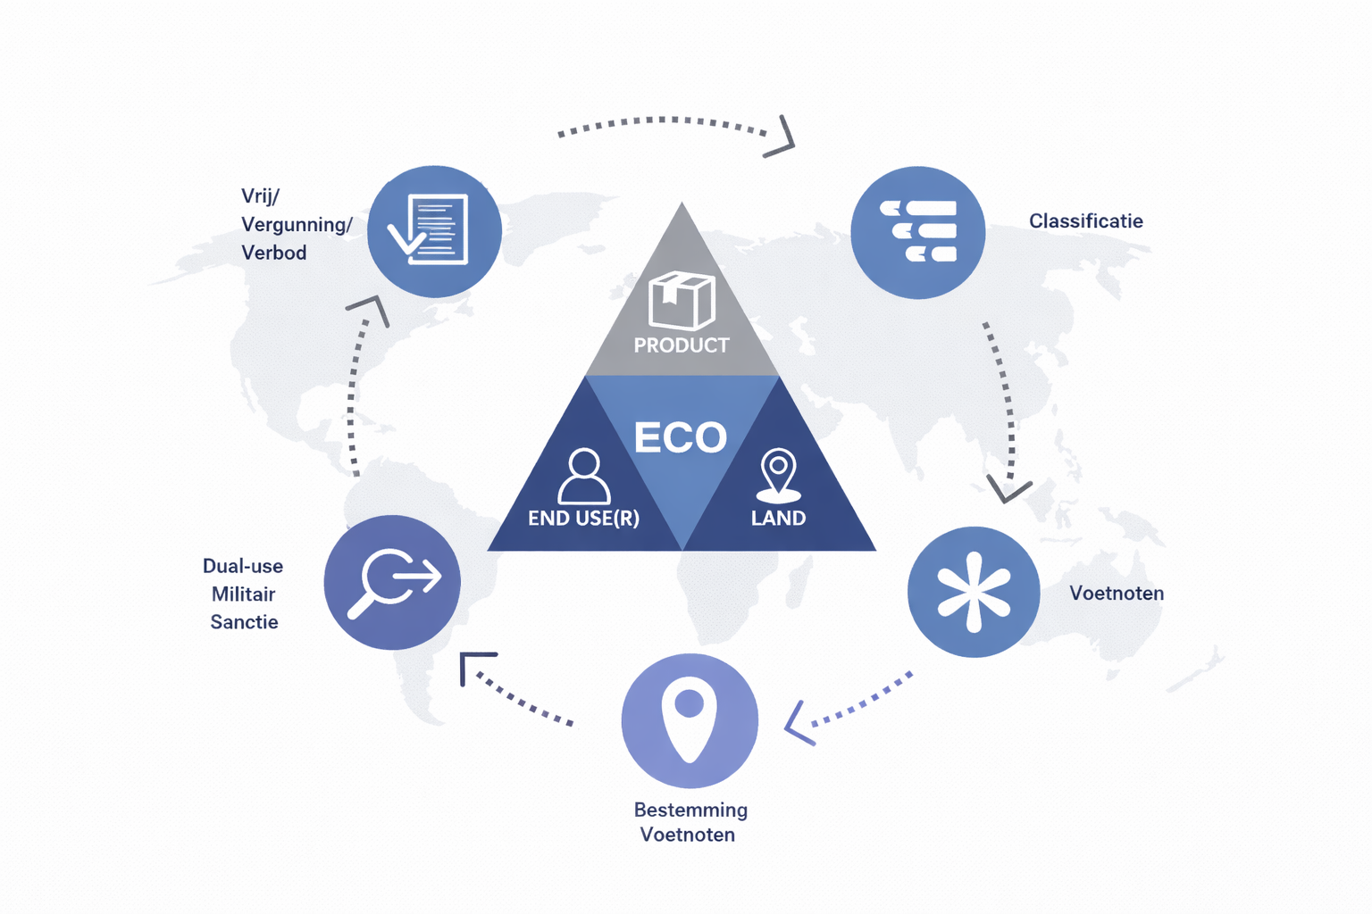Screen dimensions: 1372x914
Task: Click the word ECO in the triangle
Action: [681, 437]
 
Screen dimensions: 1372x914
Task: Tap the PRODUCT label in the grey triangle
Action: [682, 345]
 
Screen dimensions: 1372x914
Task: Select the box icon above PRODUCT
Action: [682, 300]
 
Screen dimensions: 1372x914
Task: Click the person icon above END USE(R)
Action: [584, 477]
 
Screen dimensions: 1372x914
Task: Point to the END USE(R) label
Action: [583, 519]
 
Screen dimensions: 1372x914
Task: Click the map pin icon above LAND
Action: [778, 474]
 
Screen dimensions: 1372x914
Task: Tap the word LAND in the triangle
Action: [778, 519]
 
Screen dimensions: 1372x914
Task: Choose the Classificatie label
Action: [1085, 221]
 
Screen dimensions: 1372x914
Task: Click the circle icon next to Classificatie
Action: [917, 232]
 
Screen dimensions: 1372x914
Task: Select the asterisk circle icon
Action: [974, 592]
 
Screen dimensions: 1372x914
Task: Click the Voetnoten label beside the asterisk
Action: [1117, 594]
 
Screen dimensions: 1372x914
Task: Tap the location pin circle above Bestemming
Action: [690, 720]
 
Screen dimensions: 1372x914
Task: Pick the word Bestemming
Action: [690, 810]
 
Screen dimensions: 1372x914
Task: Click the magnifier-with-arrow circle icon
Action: [392, 582]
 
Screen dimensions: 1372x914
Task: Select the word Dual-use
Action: [243, 566]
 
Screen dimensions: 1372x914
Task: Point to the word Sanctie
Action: [244, 622]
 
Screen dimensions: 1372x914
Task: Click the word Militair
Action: [243, 594]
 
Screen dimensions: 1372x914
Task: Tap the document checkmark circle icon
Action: [435, 231]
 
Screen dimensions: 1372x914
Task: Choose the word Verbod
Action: [273, 253]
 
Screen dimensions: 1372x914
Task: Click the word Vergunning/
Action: [297, 225]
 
